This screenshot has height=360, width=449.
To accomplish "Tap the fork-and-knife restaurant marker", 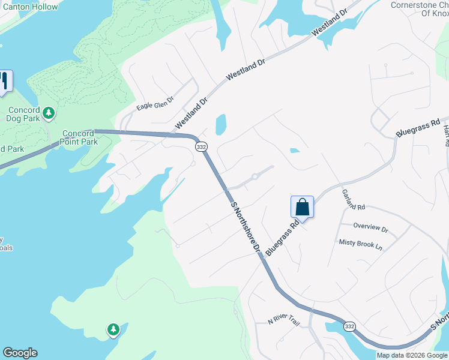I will [x=4, y=80].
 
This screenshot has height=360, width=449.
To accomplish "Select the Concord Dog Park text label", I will [x=24, y=114].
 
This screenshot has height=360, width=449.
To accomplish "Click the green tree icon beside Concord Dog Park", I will [x=49, y=112].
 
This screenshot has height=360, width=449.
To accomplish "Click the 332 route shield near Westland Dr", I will [x=200, y=146].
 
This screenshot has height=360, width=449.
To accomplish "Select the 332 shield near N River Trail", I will [x=348, y=326].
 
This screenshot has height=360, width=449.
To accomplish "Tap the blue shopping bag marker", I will [x=302, y=207].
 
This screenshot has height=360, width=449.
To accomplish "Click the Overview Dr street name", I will [x=370, y=228].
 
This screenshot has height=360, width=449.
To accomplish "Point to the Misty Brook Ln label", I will [x=360, y=244].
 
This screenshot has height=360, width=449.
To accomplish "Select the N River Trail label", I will [x=284, y=322].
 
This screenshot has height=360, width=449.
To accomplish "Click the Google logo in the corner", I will [x=20, y=353].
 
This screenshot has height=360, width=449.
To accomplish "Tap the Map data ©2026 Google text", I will [x=412, y=355].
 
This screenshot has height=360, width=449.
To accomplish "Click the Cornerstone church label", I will [x=418, y=10].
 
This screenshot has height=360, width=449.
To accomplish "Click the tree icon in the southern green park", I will [x=113, y=329].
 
